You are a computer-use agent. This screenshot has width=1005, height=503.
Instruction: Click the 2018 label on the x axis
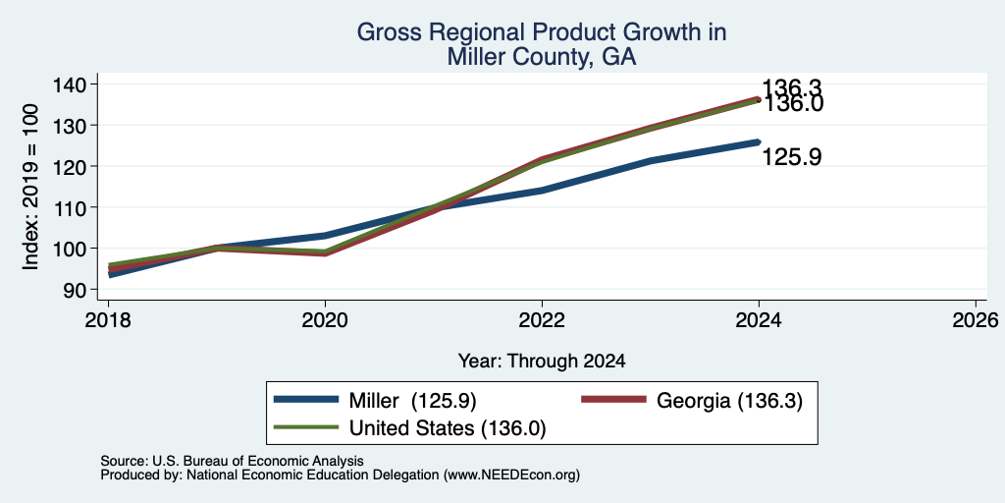click(109, 320)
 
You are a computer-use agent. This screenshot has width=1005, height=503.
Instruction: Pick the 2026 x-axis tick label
click(976, 320)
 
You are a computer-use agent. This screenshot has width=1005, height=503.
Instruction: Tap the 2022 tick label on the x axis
click(542, 320)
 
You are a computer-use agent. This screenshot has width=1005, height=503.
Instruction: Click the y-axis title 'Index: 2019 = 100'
click(30, 187)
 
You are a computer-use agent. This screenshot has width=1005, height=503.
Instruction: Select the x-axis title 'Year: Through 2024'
click(542, 362)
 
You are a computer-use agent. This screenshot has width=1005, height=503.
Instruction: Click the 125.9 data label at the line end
click(792, 157)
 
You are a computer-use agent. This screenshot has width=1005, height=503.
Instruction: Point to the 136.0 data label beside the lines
click(792, 104)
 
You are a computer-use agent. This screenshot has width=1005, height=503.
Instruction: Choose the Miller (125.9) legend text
click(412, 400)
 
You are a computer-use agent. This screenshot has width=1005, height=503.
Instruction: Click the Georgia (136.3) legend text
click(729, 401)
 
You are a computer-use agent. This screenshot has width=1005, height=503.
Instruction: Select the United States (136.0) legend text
click(447, 428)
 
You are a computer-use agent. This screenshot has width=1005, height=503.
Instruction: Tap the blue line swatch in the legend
click(306, 399)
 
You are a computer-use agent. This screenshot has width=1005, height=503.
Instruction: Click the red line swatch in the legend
click(613, 399)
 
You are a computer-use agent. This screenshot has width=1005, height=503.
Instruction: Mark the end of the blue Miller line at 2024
click(759, 141)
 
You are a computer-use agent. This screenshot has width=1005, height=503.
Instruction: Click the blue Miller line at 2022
click(542, 190)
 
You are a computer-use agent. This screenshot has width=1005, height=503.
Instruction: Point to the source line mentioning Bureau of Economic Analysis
click(232, 462)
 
